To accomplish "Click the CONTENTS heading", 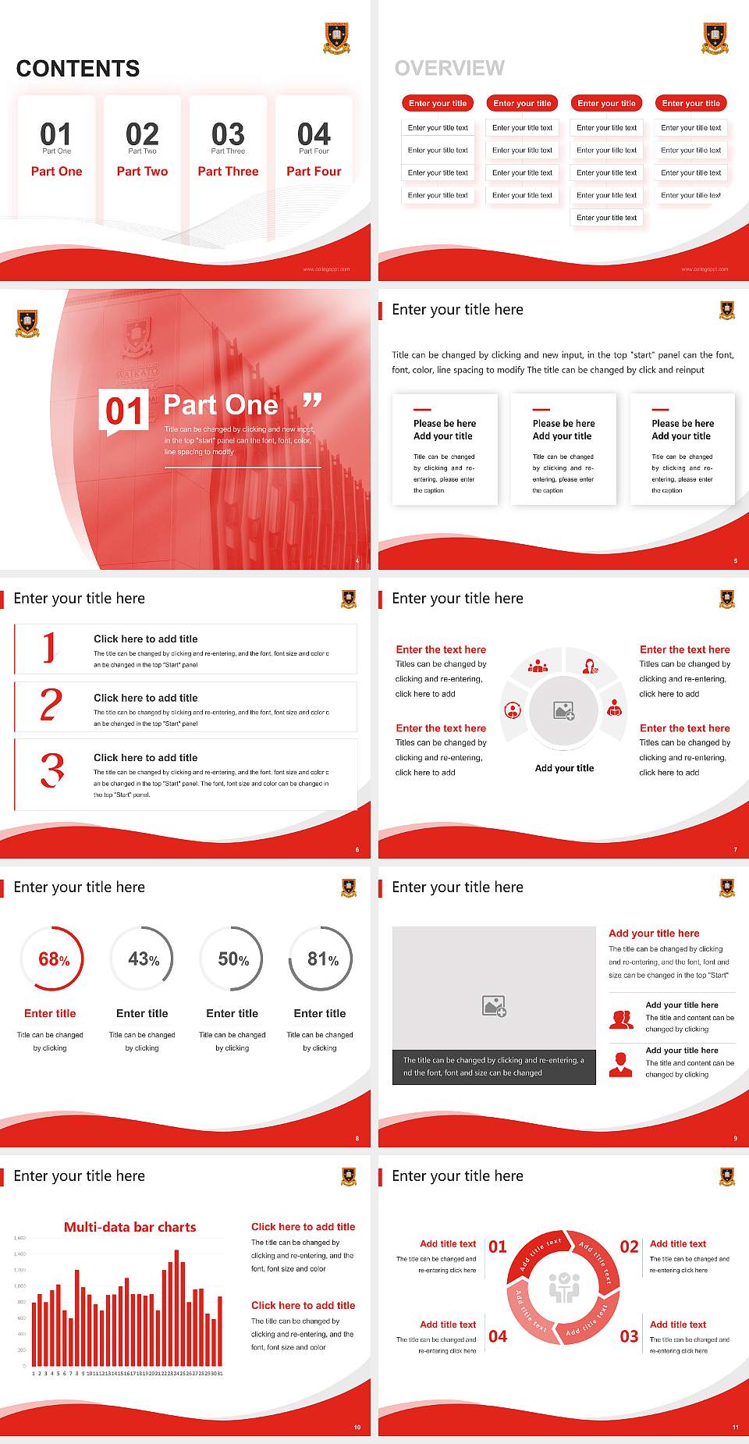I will point(78,69).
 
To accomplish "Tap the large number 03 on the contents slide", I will point(228,133).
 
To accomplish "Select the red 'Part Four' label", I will point(314,171).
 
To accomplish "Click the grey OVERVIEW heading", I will point(449,68).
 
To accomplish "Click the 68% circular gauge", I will point(51,959).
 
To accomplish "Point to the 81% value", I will point(322,959).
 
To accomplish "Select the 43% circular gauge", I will point(142,959).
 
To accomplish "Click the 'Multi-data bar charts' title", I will point(130,1226).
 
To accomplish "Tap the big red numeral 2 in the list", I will point(51,705).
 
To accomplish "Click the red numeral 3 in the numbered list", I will point(52,770).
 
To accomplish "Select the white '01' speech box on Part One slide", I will point(124,411).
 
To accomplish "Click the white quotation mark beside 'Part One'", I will point(312,401).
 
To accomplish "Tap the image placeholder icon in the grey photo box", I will point(494,1005).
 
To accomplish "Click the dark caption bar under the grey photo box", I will point(494,1066).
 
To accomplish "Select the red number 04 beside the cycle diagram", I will point(498,1336).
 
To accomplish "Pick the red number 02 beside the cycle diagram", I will point(629,1247).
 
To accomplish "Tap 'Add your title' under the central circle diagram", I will point(564,768).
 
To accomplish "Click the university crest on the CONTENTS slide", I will point(336,37).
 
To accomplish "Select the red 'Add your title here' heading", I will point(654,933).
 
